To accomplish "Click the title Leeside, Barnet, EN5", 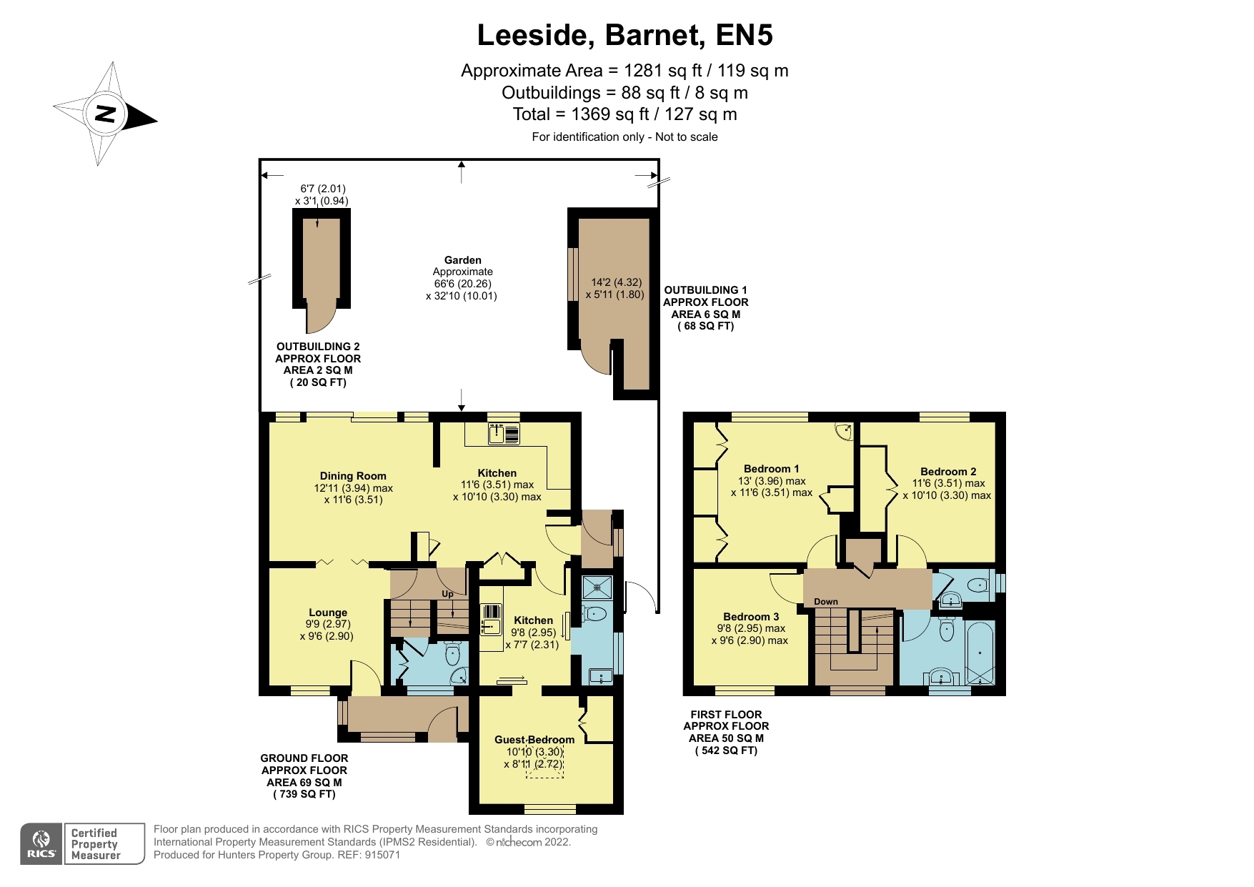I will point(624,35).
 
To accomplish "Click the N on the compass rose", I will point(106,114).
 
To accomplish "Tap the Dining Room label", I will point(353,476).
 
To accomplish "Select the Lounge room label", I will point(328,613).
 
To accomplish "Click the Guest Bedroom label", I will point(534,740).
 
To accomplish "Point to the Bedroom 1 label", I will point(771,469).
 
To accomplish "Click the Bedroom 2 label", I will point(947,472).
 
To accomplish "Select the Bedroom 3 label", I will point(750,617).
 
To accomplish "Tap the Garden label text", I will point(462,260).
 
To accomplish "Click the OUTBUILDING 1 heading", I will point(705,290).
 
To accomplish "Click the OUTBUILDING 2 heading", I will point(318,347).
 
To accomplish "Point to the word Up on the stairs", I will point(447,594).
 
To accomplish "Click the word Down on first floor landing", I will point(825,602).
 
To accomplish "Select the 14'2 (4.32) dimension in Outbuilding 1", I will point(616,282).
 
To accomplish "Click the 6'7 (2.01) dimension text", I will point(322,189).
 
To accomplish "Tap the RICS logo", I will point(41,844).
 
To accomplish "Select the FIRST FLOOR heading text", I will point(726,715).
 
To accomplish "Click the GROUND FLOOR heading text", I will point(304,758).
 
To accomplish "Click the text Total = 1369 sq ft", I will point(624,114).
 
